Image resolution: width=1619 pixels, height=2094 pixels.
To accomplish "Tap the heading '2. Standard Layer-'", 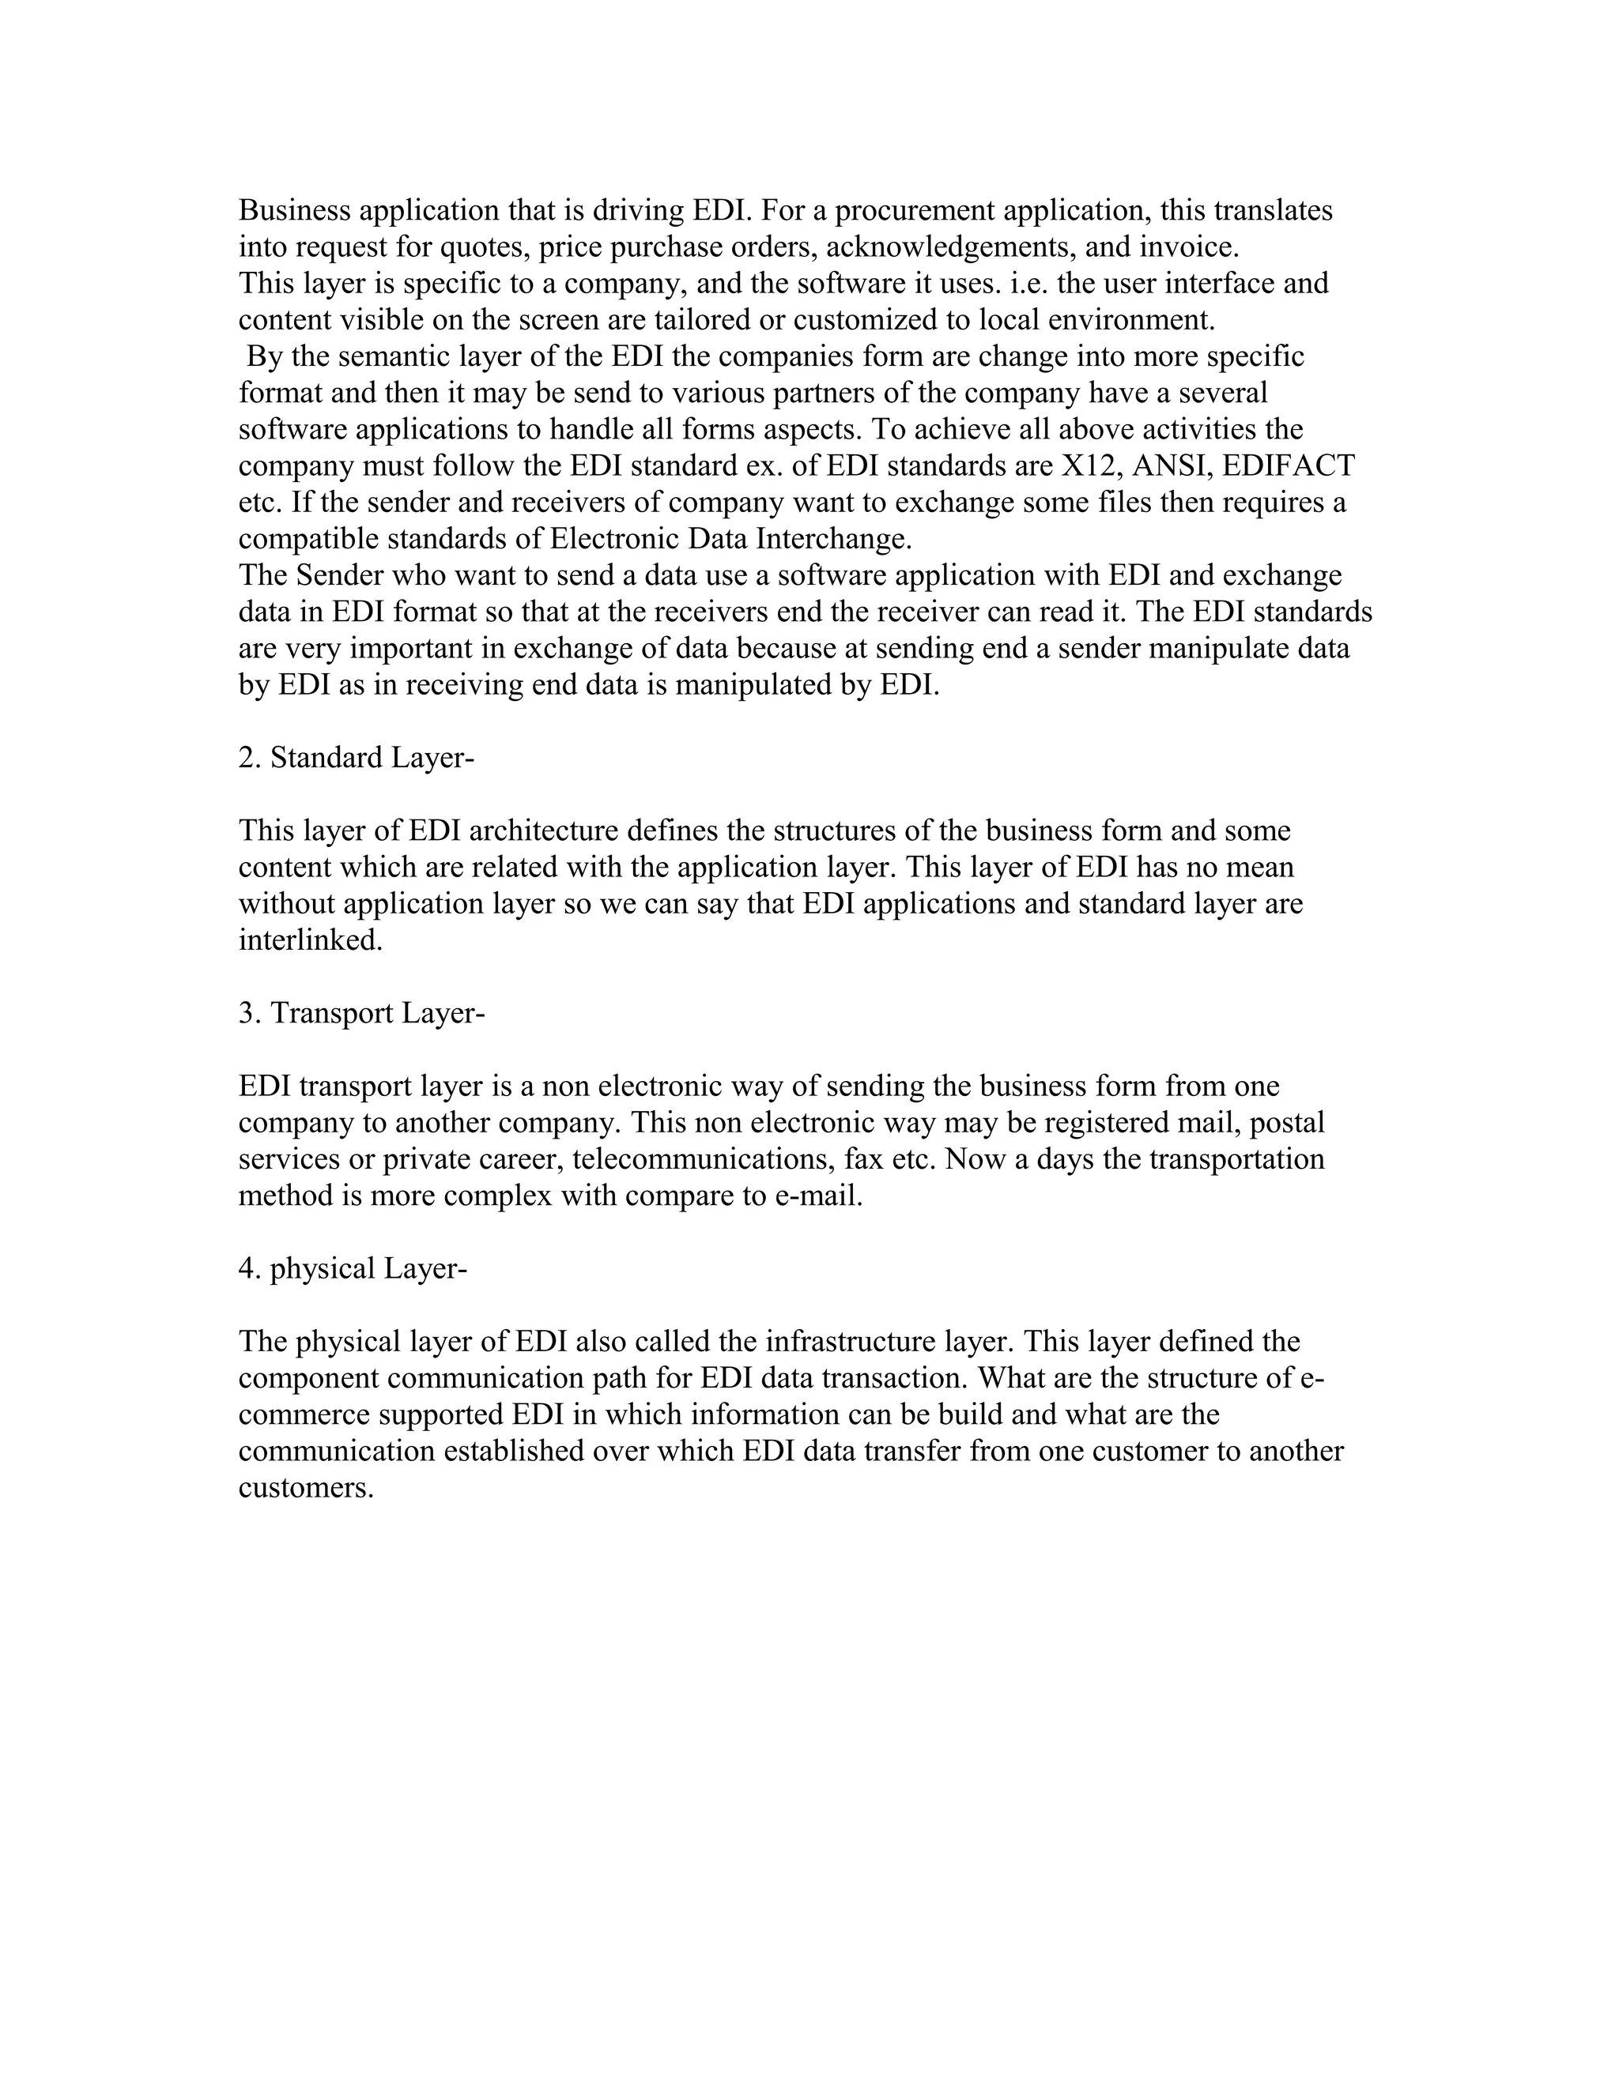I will [x=357, y=758].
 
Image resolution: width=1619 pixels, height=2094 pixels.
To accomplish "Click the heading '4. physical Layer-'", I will [x=352, y=1268].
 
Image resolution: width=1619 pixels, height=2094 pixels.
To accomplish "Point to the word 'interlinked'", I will [x=309, y=940].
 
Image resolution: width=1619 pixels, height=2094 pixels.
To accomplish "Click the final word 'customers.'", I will [x=305, y=1488].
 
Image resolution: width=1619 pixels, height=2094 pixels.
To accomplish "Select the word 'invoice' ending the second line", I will [x=1188, y=247].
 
